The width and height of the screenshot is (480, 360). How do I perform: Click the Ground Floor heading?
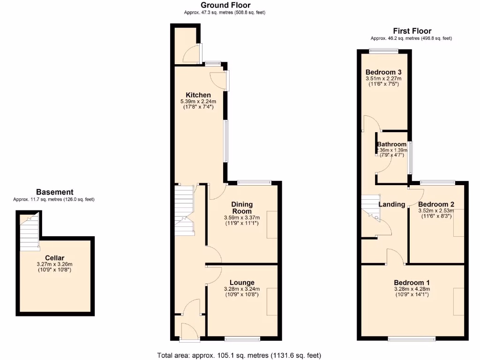[225, 5]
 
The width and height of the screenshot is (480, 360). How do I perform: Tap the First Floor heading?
[412, 31]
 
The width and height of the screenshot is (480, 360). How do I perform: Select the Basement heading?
[54, 192]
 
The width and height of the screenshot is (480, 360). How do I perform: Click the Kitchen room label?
[198, 95]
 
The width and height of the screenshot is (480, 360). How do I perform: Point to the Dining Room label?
[242, 208]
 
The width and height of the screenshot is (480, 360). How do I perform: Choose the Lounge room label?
[242, 282]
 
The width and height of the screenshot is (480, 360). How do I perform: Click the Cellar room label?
[54, 258]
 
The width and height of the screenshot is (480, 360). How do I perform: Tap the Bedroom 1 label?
[412, 282]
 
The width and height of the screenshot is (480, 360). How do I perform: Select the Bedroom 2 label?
[436, 204]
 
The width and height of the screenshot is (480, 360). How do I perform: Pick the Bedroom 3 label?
[383, 72]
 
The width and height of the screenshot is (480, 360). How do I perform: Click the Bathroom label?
[392, 144]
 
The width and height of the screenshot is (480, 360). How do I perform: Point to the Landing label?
[392, 204]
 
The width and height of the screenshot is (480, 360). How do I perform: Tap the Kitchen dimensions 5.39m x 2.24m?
[198, 101]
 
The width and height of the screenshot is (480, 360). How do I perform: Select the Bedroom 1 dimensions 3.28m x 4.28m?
[412, 289]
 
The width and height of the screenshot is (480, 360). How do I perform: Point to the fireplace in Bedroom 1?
[458, 302]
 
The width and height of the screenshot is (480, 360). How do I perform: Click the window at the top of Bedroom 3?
[383, 51]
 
